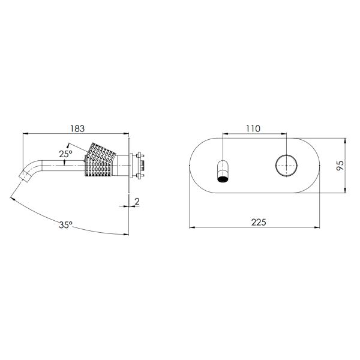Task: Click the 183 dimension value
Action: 77,128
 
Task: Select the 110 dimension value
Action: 253,128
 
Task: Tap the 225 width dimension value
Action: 259,222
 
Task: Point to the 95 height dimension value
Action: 340,166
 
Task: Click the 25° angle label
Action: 65,154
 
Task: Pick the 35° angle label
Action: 65,225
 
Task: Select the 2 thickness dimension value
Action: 137,202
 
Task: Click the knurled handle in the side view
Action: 100,160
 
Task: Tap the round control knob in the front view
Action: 286,166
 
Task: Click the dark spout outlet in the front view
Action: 223,179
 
